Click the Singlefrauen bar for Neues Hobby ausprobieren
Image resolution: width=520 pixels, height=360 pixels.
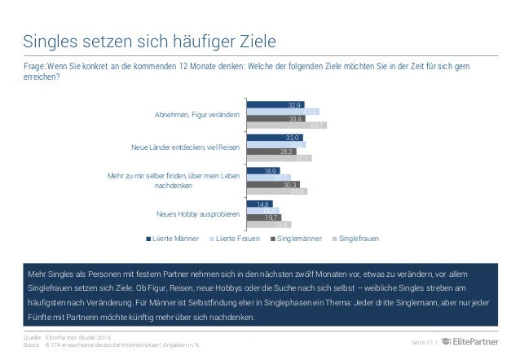(x=270, y=224)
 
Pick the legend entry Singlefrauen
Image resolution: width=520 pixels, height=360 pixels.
(x=359, y=239)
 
